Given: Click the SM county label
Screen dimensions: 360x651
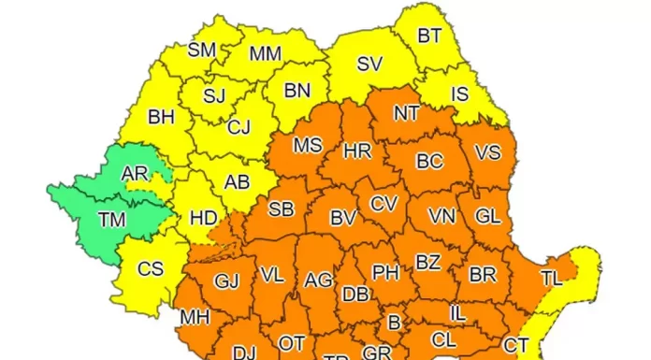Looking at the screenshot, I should pos(202,50).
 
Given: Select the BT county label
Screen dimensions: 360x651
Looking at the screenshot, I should pos(429,36).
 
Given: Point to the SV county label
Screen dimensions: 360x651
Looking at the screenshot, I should pos(369,65).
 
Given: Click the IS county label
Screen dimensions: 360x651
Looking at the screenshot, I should pos(459,94).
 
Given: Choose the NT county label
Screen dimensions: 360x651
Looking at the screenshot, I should pos(406,113).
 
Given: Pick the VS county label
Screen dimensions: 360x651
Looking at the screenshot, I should pos(487,152).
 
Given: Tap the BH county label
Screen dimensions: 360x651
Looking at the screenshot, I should pos(162,118).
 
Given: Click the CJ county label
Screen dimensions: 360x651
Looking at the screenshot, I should pos(239,127).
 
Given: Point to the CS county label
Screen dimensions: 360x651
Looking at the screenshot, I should pos(150,269).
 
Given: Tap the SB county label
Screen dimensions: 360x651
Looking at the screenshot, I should pos(281,209).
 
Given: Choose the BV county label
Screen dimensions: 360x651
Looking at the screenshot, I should pos(343,218).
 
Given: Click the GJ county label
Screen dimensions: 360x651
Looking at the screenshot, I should pos(226,281).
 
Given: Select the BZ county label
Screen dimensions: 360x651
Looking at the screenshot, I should pos(427,263).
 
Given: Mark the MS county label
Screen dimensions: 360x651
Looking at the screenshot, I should pos(307,146).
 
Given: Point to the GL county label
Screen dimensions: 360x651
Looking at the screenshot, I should pos(487,216).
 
